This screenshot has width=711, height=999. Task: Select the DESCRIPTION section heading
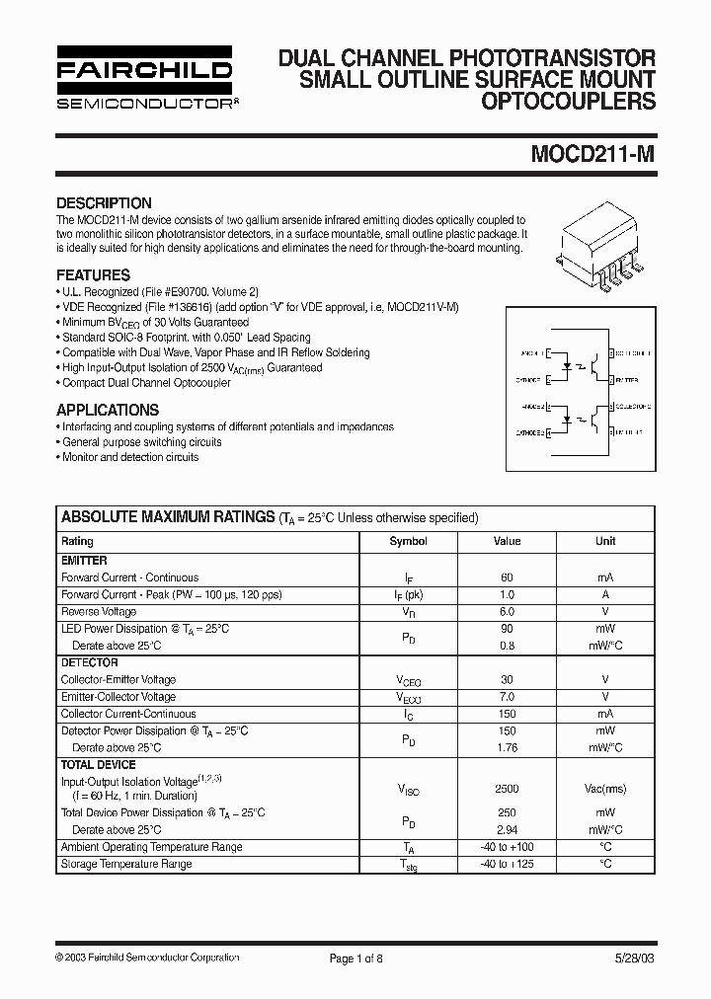[x=104, y=203]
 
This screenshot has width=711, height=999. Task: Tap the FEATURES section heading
[x=93, y=275]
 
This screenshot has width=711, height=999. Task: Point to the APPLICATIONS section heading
[x=108, y=410]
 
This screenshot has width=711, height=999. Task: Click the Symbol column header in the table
[x=408, y=541]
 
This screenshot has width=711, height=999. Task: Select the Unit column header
[x=605, y=541]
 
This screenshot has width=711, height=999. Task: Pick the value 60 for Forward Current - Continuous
[x=507, y=577]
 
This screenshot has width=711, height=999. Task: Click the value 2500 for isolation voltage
[x=507, y=790]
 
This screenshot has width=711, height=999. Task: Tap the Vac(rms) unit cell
[x=605, y=790]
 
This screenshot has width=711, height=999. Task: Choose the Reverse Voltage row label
[x=99, y=612]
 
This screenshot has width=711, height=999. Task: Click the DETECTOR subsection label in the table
[x=90, y=663]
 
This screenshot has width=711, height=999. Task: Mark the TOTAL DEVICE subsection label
[x=98, y=765]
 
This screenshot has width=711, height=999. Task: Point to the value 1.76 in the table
[x=507, y=748]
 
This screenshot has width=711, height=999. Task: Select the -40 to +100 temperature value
[x=507, y=847]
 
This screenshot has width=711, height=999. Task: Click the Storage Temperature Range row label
[x=126, y=864]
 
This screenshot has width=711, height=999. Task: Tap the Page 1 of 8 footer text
[x=355, y=958]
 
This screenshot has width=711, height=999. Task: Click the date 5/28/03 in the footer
[x=632, y=958]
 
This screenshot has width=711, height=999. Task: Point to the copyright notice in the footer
[x=147, y=958]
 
